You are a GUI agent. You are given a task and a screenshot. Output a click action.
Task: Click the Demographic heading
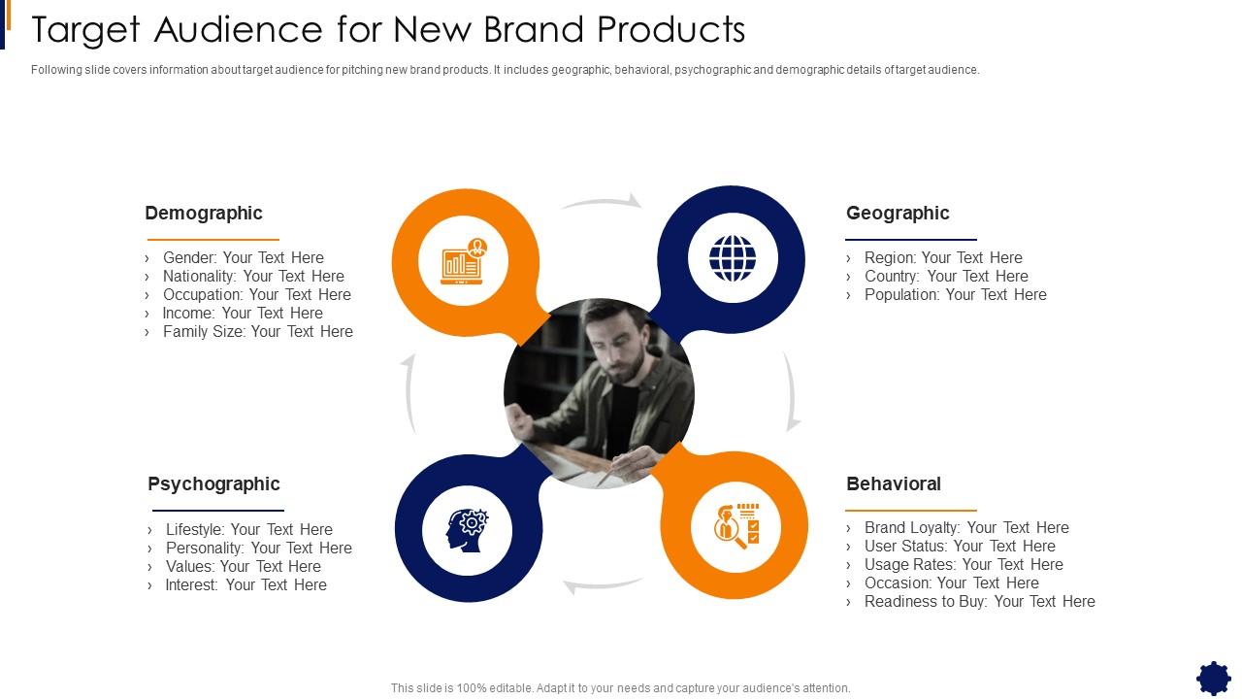[204, 213]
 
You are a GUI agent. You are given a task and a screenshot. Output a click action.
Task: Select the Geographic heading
[898, 213]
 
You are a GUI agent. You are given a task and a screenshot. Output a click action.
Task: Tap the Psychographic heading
[213, 483]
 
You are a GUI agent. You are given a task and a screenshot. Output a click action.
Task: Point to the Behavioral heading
[894, 483]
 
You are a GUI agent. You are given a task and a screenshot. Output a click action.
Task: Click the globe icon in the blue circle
[733, 258]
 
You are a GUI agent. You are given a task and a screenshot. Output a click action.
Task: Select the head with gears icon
[468, 530]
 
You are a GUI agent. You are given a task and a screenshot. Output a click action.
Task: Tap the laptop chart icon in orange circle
[463, 261]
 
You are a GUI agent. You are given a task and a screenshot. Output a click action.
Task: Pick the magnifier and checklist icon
[736, 526]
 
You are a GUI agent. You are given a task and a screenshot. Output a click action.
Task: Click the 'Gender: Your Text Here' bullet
[243, 257]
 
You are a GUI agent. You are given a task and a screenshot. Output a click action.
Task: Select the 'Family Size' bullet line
[257, 331]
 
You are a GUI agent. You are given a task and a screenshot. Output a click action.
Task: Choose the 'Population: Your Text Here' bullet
[955, 294]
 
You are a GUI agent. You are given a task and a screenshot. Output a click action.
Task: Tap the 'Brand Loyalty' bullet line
[966, 527]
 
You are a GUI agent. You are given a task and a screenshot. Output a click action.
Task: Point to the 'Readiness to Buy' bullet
[979, 601]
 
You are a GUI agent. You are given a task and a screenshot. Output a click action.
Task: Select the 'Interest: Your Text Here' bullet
[245, 584]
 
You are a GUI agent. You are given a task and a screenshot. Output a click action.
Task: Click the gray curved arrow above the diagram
[602, 202]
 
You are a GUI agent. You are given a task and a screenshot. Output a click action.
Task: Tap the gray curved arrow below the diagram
[602, 585]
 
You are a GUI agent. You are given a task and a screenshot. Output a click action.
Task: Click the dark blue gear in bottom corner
[1213, 678]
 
